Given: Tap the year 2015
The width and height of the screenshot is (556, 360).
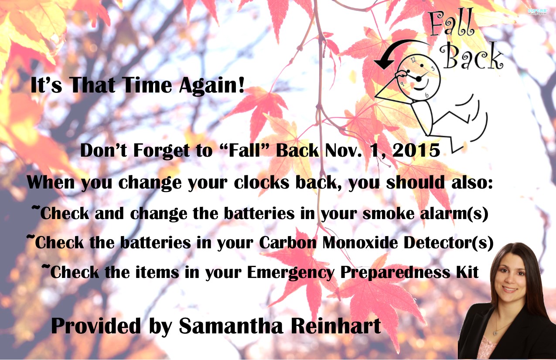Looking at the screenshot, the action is point(416,150).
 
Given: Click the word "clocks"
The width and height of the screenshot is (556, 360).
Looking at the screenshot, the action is point(262,182).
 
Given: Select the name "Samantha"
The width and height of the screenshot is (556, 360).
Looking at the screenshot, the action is point(231,326).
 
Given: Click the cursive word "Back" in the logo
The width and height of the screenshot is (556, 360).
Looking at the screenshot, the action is point(471,57).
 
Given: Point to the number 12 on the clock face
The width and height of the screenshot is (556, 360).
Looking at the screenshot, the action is point(413,60).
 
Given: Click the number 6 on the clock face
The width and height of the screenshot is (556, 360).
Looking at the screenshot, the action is point(426,95).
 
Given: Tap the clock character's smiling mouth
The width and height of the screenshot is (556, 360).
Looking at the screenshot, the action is point(421,86).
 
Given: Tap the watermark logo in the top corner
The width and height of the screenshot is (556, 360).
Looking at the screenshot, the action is point(537,11).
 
